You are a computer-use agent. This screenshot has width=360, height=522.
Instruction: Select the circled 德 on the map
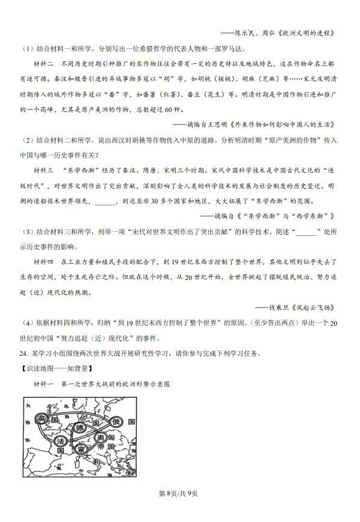(x=79, y=427)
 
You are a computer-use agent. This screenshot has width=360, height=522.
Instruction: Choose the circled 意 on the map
(x=81, y=450)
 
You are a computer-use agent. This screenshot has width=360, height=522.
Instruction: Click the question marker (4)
(x=28, y=323)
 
